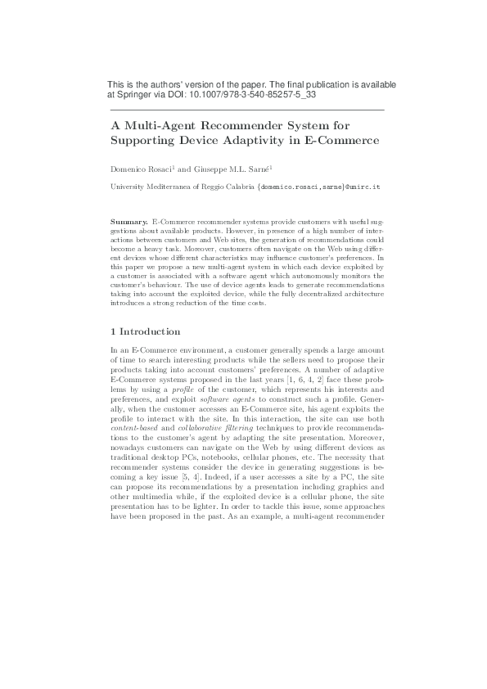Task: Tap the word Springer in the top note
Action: tap(134, 96)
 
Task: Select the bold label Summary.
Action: tap(129, 222)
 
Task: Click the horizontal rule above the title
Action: tap(246, 110)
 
